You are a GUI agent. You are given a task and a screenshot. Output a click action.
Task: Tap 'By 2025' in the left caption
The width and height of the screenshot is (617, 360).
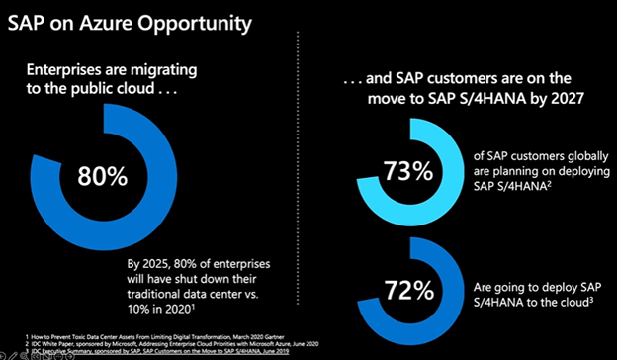coord(149,264)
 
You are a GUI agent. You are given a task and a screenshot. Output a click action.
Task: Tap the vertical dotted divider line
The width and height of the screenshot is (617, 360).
coord(299,178)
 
